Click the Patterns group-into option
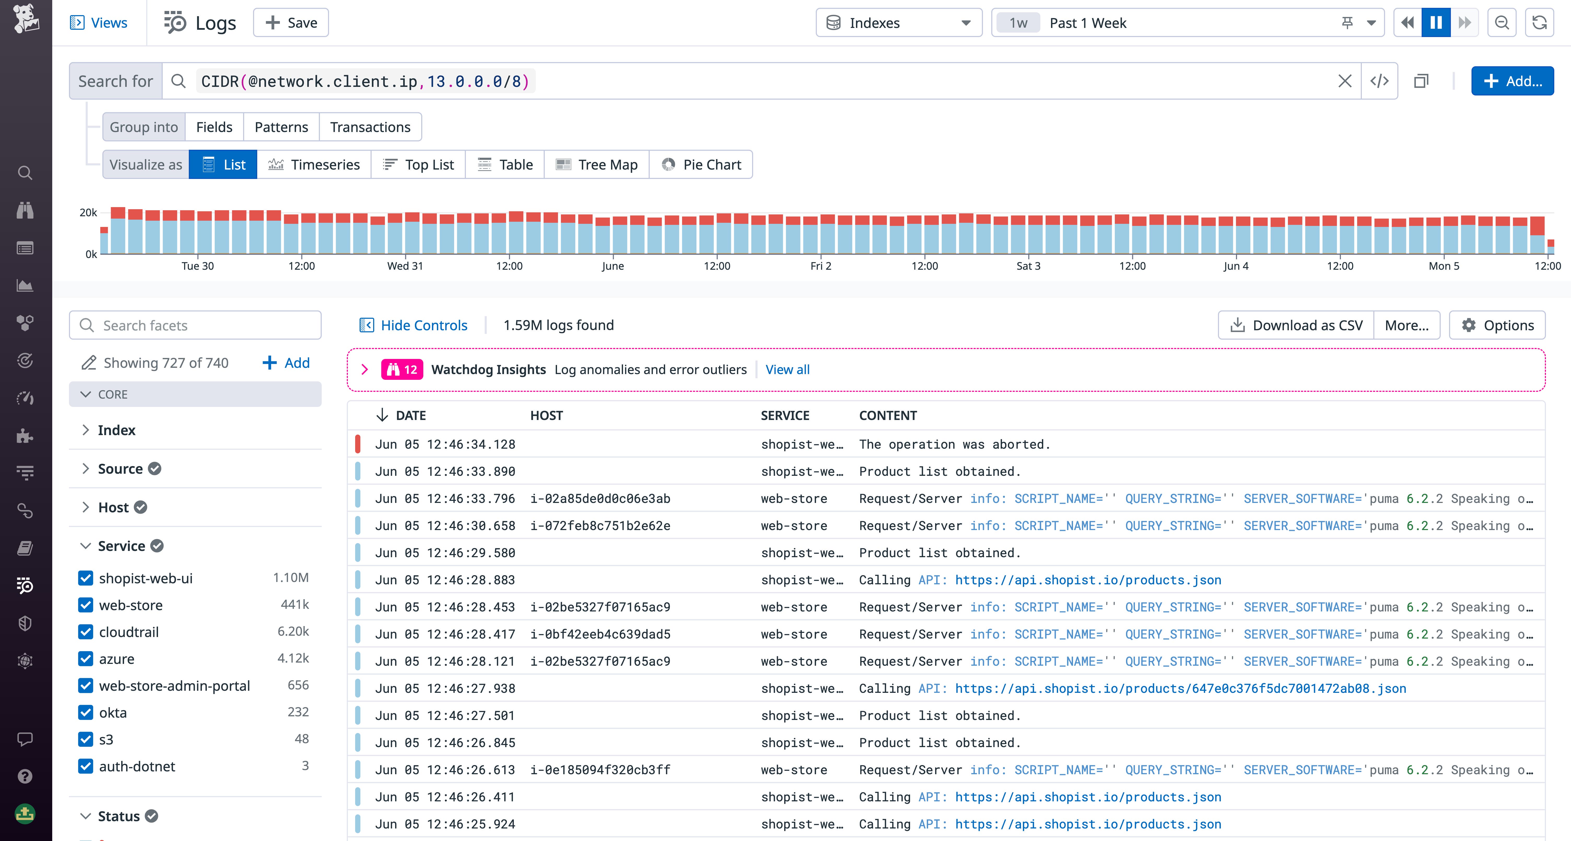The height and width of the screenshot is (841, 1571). (281, 127)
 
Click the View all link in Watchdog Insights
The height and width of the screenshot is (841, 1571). (787, 369)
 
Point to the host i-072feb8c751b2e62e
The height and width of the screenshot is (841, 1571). (600, 525)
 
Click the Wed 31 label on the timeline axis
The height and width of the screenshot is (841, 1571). (405, 266)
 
